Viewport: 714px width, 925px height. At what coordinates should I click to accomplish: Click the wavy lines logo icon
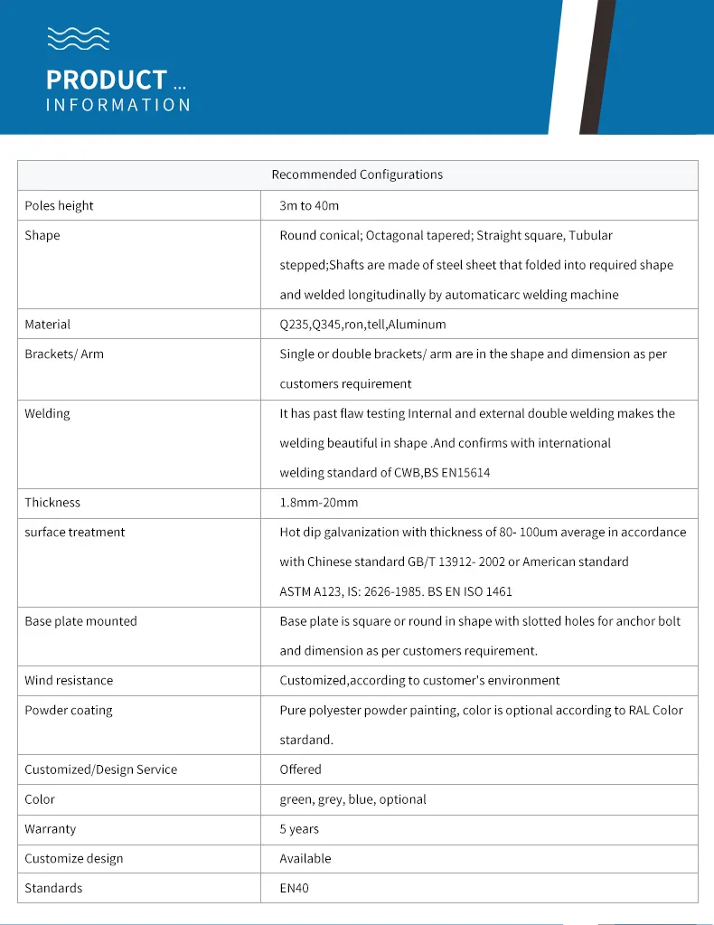(x=79, y=37)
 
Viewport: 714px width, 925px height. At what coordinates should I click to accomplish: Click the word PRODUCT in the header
(x=107, y=80)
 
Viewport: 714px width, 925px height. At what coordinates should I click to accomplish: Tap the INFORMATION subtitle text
(x=118, y=105)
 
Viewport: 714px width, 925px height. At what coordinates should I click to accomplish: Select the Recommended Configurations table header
(x=357, y=175)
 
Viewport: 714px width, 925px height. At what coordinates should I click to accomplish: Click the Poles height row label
(x=59, y=205)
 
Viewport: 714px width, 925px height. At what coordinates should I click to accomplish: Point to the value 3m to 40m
(x=309, y=205)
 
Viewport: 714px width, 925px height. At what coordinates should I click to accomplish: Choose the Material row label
(x=47, y=324)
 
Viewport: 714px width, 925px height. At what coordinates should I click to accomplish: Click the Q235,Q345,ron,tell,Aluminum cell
(x=362, y=324)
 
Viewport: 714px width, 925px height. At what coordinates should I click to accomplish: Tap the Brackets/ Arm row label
(x=64, y=354)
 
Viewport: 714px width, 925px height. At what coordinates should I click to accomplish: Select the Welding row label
(x=47, y=413)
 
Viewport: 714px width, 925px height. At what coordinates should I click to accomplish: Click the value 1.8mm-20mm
(x=318, y=502)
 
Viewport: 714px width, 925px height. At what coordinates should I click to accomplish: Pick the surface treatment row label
(x=75, y=532)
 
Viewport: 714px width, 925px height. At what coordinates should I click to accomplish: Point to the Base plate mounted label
(x=80, y=621)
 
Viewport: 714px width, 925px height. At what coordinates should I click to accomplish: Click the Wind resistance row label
(x=69, y=680)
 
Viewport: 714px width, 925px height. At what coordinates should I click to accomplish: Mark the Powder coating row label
(x=69, y=710)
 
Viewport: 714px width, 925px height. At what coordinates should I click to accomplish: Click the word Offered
(x=300, y=769)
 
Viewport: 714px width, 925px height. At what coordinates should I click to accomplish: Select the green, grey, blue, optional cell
(x=352, y=799)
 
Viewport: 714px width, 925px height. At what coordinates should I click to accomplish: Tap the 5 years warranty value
(x=299, y=829)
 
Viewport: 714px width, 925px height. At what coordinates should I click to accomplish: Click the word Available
(x=305, y=858)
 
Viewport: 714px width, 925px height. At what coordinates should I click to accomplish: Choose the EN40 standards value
(x=294, y=888)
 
